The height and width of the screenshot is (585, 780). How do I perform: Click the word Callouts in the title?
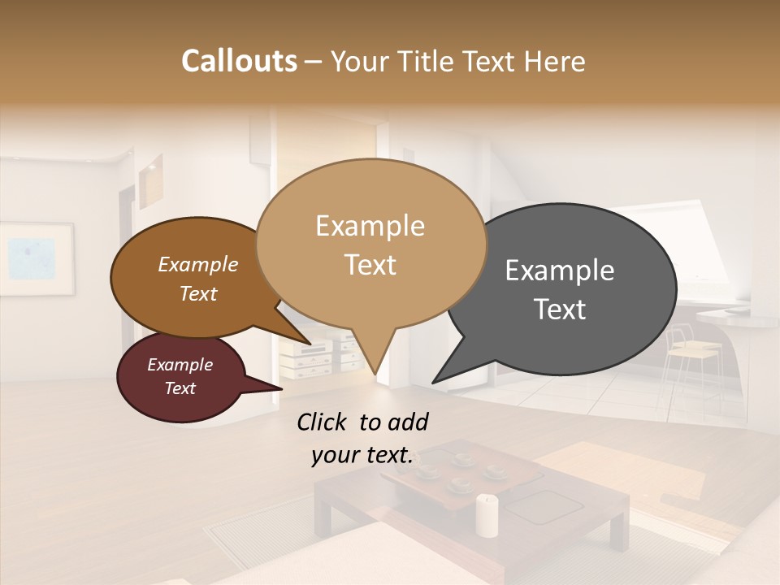pyautogui.click(x=239, y=61)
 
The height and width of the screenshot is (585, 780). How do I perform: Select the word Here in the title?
pyautogui.click(x=553, y=61)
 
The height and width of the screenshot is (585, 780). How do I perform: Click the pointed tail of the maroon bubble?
pyautogui.click(x=276, y=388)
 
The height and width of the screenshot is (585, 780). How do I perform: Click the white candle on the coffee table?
pyautogui.click(x=487, y=515)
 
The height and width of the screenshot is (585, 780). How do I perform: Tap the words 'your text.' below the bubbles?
pyautogui.click(x=362, y=456)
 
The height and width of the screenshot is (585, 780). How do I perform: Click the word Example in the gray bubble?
pyautogui.click(x=560, y=271)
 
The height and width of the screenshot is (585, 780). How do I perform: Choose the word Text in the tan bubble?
pyautogui.click(x=370, y=265)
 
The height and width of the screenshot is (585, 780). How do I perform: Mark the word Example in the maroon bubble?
pyautogui.click(x=180, y=365)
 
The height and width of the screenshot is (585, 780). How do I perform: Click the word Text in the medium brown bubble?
pyautogui.click(x=198, y=293)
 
